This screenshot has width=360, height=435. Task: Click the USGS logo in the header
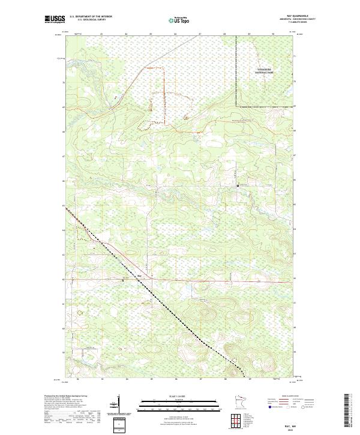click(55, 19)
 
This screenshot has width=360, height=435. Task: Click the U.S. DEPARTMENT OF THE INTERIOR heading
click(91, 17)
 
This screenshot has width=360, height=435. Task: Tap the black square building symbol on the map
click(238, 185)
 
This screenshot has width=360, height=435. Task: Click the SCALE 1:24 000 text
click(179, 395)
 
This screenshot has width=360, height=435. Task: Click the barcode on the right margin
click(347, 413)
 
